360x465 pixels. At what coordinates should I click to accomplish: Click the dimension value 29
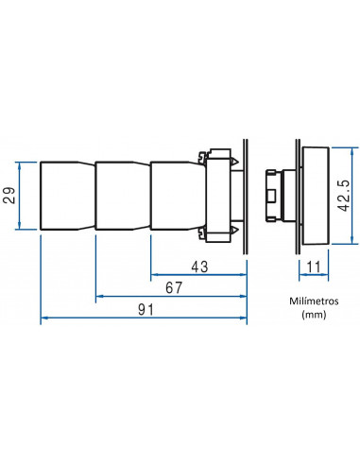tap(10, 196)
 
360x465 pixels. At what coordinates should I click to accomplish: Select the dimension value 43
tap(199, 267)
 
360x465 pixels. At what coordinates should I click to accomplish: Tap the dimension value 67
tap(174, 288)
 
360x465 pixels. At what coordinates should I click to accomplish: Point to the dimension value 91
tap(146, 310)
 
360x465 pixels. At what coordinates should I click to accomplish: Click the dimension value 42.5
tap(343, 196)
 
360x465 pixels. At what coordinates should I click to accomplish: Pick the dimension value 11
tap(313, 267)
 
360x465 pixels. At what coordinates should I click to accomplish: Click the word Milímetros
tap(314, 301)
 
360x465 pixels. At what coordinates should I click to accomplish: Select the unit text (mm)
tap(314, 315)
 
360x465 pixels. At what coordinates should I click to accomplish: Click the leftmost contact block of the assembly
tap(67, 196)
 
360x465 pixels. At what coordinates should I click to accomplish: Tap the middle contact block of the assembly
tap(123, 196)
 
